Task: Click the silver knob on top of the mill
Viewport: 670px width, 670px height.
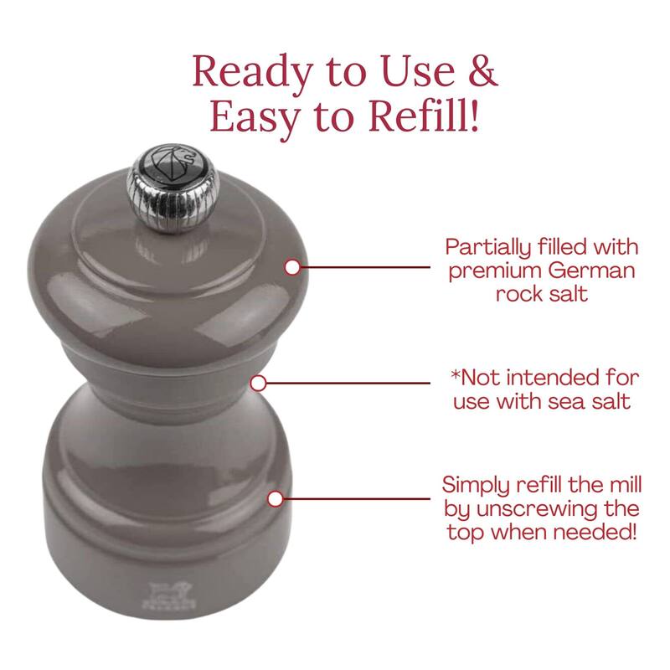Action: (x=173, y=188)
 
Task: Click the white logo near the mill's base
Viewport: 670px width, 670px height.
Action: (x=169, y=595)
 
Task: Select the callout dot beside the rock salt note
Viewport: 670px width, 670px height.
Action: (x=292, y=267)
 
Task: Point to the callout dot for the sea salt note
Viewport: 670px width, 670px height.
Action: (x=258, y=384)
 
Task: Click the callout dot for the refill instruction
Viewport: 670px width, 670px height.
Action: (x=276, y=498)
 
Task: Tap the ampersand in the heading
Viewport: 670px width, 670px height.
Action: (x=483, y=71)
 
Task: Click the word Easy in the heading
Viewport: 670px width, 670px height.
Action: (x=255, y=118)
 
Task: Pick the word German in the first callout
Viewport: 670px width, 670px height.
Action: (x=592, y=271)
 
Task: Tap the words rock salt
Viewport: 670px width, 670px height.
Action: (x=542, y=294)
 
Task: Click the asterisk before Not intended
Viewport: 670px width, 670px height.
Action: (x=456, y=374)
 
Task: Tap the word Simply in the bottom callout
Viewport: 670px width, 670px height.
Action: (x=476, y=487)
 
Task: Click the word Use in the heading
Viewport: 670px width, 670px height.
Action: (x=418, y=71)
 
